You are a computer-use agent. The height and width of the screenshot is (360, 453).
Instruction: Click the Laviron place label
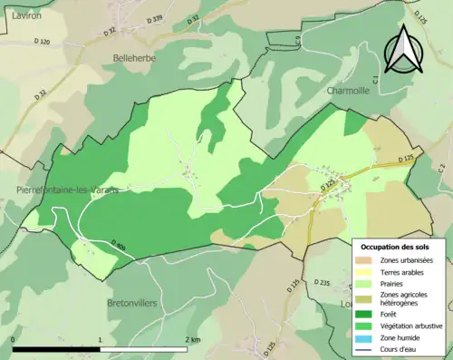[x=18, y=15]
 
